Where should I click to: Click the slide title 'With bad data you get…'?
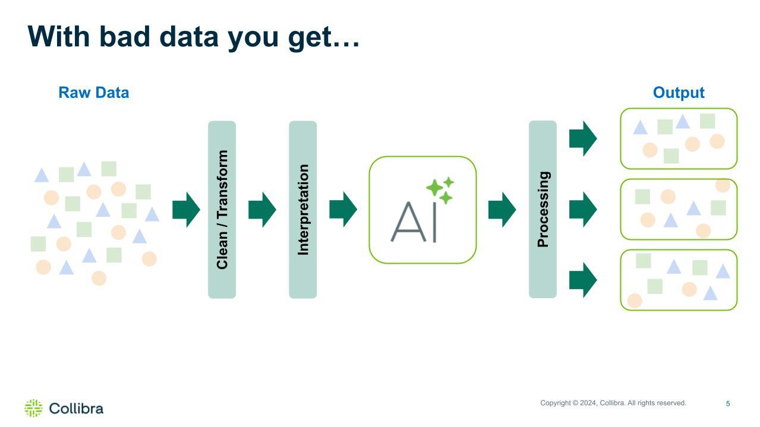pos(194,36)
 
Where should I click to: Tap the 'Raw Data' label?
pos(93,93)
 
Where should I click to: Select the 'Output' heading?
pos(678,93)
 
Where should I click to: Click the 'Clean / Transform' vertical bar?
pos(222,209)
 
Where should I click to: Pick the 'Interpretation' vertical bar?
pos(302,209)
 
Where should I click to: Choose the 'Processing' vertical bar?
pos(543,209)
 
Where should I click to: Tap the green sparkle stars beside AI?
pos(440,189)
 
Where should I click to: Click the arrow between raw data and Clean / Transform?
pos(186,210)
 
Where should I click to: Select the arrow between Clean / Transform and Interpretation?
pos(262,210)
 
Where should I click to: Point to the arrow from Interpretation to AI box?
pos(343,210)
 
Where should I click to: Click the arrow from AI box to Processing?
pos(502,210)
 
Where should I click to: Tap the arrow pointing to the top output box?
pos(583,138)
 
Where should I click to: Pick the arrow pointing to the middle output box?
pos(583,210)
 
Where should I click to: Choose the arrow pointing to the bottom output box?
pos(583,280)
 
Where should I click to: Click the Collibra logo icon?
pos(33,408)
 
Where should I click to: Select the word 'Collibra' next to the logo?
pos(76,409)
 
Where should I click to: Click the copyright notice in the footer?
pos(613,403)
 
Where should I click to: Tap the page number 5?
pos(727,404)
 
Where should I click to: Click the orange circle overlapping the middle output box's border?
pos(723,185)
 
